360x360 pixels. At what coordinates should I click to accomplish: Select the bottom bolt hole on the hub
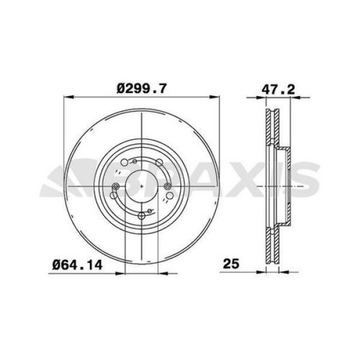(142, 217)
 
